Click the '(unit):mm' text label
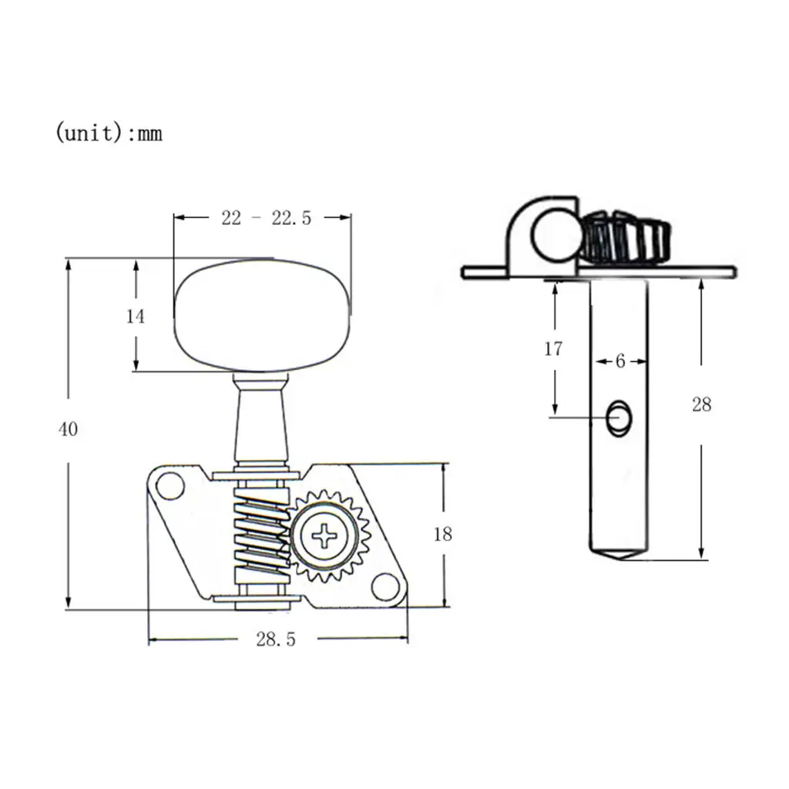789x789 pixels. pyautogui.click(x=109, y=133)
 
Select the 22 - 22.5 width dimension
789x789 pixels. pyautogui.click(x=266, y=219)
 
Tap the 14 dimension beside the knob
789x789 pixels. pyautogui.click(x=136, y=316)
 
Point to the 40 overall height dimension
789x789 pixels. pyautogui.click(x=69, y=429)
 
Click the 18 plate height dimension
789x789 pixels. pyautogui.click(x=442, y=534)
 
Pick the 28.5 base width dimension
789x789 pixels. pyautogui.click(x=275, y=640)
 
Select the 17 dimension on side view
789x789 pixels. pyautogui.click(x=553, y=349)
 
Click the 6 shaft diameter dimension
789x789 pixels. pyautogui.click(x=620, y=361)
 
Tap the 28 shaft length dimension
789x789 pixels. pyautogui.click(x=701, y=405)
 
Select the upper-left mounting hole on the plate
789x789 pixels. pyautogui.click(x=170, y=487)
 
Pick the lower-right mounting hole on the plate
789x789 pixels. pyautogui.click(x=384, y=586)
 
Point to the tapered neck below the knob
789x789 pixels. pyautogui.click(x=261, y=420)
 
